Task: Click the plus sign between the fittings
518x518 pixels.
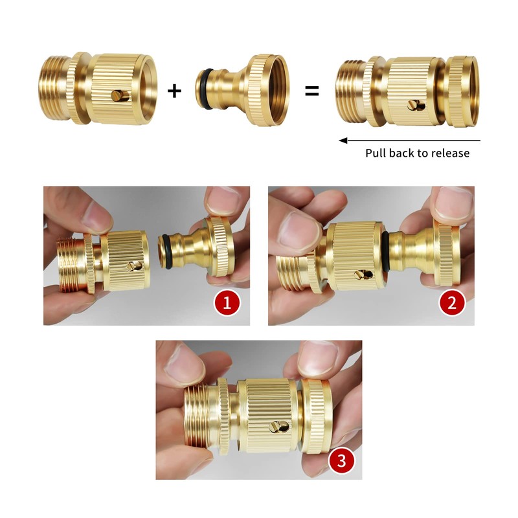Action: coord(174,90)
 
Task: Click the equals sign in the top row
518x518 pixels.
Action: coord(312,91)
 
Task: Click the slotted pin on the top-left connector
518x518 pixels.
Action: coord(117,96)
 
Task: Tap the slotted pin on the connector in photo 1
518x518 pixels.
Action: coord(135,265)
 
